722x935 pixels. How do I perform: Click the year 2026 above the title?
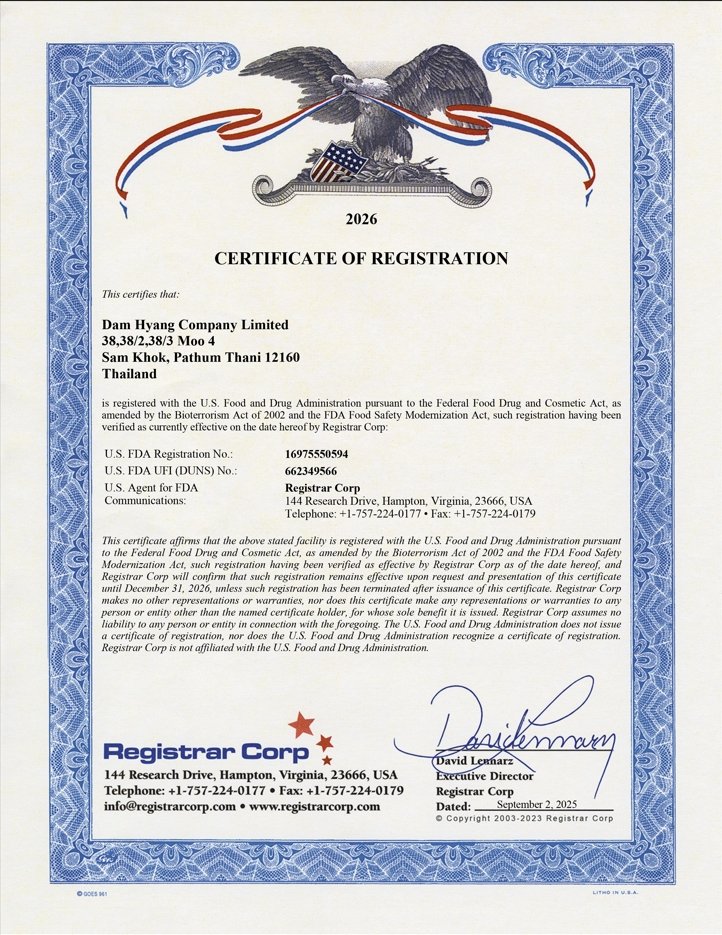tap(361, 218)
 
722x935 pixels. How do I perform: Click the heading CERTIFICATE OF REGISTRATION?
tap(361, 258)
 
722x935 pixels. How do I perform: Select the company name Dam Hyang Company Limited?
tap(196, 325)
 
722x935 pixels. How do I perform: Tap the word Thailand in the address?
tap(130, 373)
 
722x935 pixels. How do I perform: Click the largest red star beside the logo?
tap(300, 723)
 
